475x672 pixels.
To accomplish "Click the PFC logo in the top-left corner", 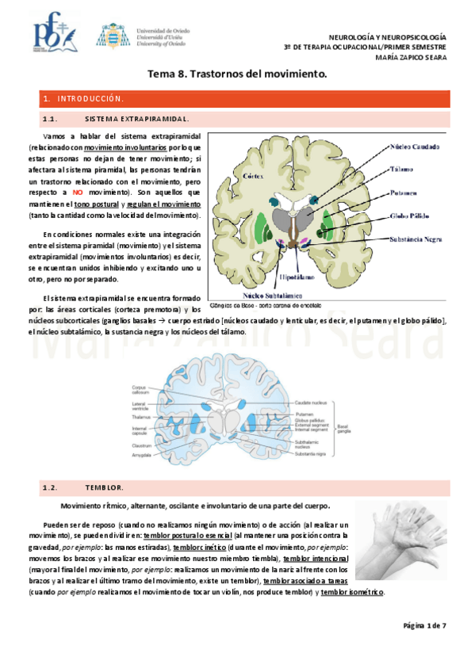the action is [53, 34].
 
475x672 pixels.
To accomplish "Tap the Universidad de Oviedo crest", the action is [109, 34].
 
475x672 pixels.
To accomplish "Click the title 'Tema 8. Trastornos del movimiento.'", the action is [238, 74].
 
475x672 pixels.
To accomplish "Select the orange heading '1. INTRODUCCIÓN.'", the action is [85, 99].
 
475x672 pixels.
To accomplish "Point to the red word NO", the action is [78, 193].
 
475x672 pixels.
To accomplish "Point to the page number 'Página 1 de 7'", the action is [424, 626].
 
